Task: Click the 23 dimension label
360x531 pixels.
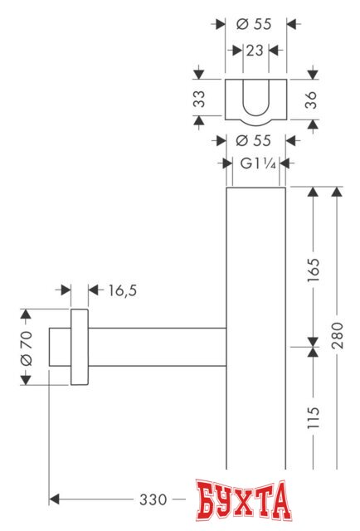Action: coord(254,51)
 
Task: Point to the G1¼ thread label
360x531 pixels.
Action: coord(256,163)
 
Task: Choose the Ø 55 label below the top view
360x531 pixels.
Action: coord(254,141)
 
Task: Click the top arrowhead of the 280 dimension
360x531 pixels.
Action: coord(336,193)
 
